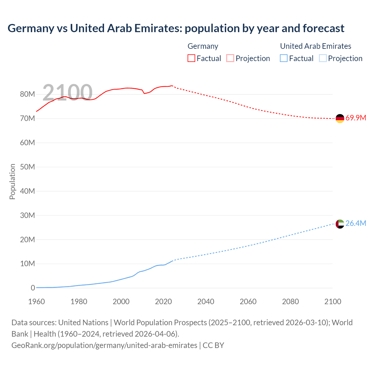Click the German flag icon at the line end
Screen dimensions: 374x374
pos(340,118)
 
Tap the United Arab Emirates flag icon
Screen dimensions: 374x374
pos(340,224)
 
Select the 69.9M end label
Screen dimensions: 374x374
pos(356,118)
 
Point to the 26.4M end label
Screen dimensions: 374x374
pos(356,224)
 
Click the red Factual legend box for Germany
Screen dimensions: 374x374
pos(191,58)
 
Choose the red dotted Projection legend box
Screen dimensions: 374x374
pos(230,58)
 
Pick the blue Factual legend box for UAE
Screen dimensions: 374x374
pos(284,58)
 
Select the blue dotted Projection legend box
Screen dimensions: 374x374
pos(323,58)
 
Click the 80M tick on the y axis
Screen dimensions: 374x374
pos(27,94)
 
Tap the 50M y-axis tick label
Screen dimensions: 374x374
pos(27,167)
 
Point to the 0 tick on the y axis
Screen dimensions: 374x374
pos(33,288)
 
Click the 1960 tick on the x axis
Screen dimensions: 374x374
pos(37,302)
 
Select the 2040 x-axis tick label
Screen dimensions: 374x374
pos(206,302)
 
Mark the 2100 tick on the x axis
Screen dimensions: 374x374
pos(333,302)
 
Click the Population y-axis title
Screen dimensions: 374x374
pos(12,181)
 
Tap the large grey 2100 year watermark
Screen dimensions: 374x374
pos(67,93)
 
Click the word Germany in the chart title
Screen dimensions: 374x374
pos(31,28)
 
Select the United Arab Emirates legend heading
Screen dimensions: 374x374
pos(316,46)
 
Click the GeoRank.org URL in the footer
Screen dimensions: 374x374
pos(104,345)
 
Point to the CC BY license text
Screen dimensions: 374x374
pos(213,345)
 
